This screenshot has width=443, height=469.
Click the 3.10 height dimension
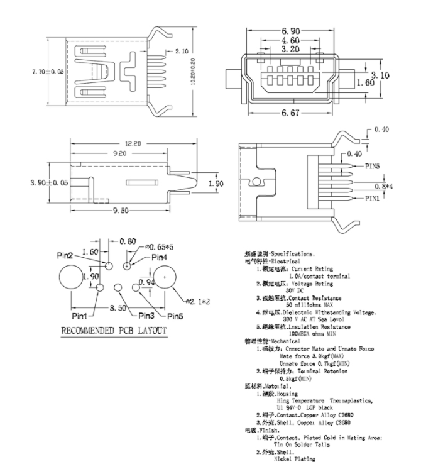click(x=381, y=75)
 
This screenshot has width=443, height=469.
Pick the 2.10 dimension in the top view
click(x=182, y=50)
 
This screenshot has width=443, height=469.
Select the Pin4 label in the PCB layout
click(x=159, y=257)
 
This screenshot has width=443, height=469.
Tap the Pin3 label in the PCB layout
click(x=146, y=315)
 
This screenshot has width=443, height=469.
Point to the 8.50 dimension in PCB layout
click(x=118, y=308)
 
